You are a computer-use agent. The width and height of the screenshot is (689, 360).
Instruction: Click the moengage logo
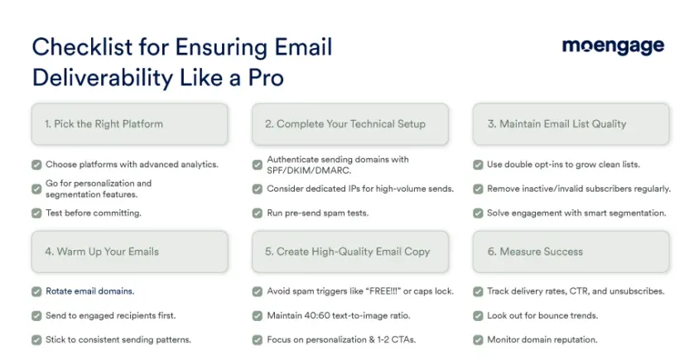click(x=613, y=46)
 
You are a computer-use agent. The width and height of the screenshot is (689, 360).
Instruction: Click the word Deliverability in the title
click(x=103, y=78)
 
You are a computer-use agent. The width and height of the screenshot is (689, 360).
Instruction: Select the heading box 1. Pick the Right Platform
click(x=130, y=124)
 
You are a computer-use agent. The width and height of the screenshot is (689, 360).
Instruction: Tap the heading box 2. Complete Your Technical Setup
click(x=350, y=124)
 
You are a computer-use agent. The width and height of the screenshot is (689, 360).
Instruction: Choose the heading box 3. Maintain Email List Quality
click(x=571, y=124)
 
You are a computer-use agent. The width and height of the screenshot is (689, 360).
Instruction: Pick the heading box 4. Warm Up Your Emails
click(x=130, y=252)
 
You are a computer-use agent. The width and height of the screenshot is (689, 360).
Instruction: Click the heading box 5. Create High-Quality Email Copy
click(x=350, y=252)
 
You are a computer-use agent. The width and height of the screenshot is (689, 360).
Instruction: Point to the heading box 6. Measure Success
click(x=571, y=252)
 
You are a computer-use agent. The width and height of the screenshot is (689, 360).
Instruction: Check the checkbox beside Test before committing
click(x=36, y=214)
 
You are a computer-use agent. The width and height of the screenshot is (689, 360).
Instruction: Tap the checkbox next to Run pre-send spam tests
click(x=257, y=214)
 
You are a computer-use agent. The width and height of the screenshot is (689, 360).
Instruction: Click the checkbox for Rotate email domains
click(x=36, y=291)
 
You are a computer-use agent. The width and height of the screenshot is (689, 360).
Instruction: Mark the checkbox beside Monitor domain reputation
click(x=478, y=340)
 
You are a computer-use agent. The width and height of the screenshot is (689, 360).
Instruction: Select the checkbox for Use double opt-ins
click(x=478, y=165)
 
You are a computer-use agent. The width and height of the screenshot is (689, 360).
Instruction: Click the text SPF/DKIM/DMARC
click(x=309, y=170)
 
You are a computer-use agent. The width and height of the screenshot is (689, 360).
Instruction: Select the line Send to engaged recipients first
click(x=111, y=315)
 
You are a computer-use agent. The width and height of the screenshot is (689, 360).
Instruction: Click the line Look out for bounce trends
click(x=542, y=315)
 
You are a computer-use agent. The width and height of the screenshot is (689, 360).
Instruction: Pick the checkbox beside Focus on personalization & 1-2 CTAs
click(x=257, y=340)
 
